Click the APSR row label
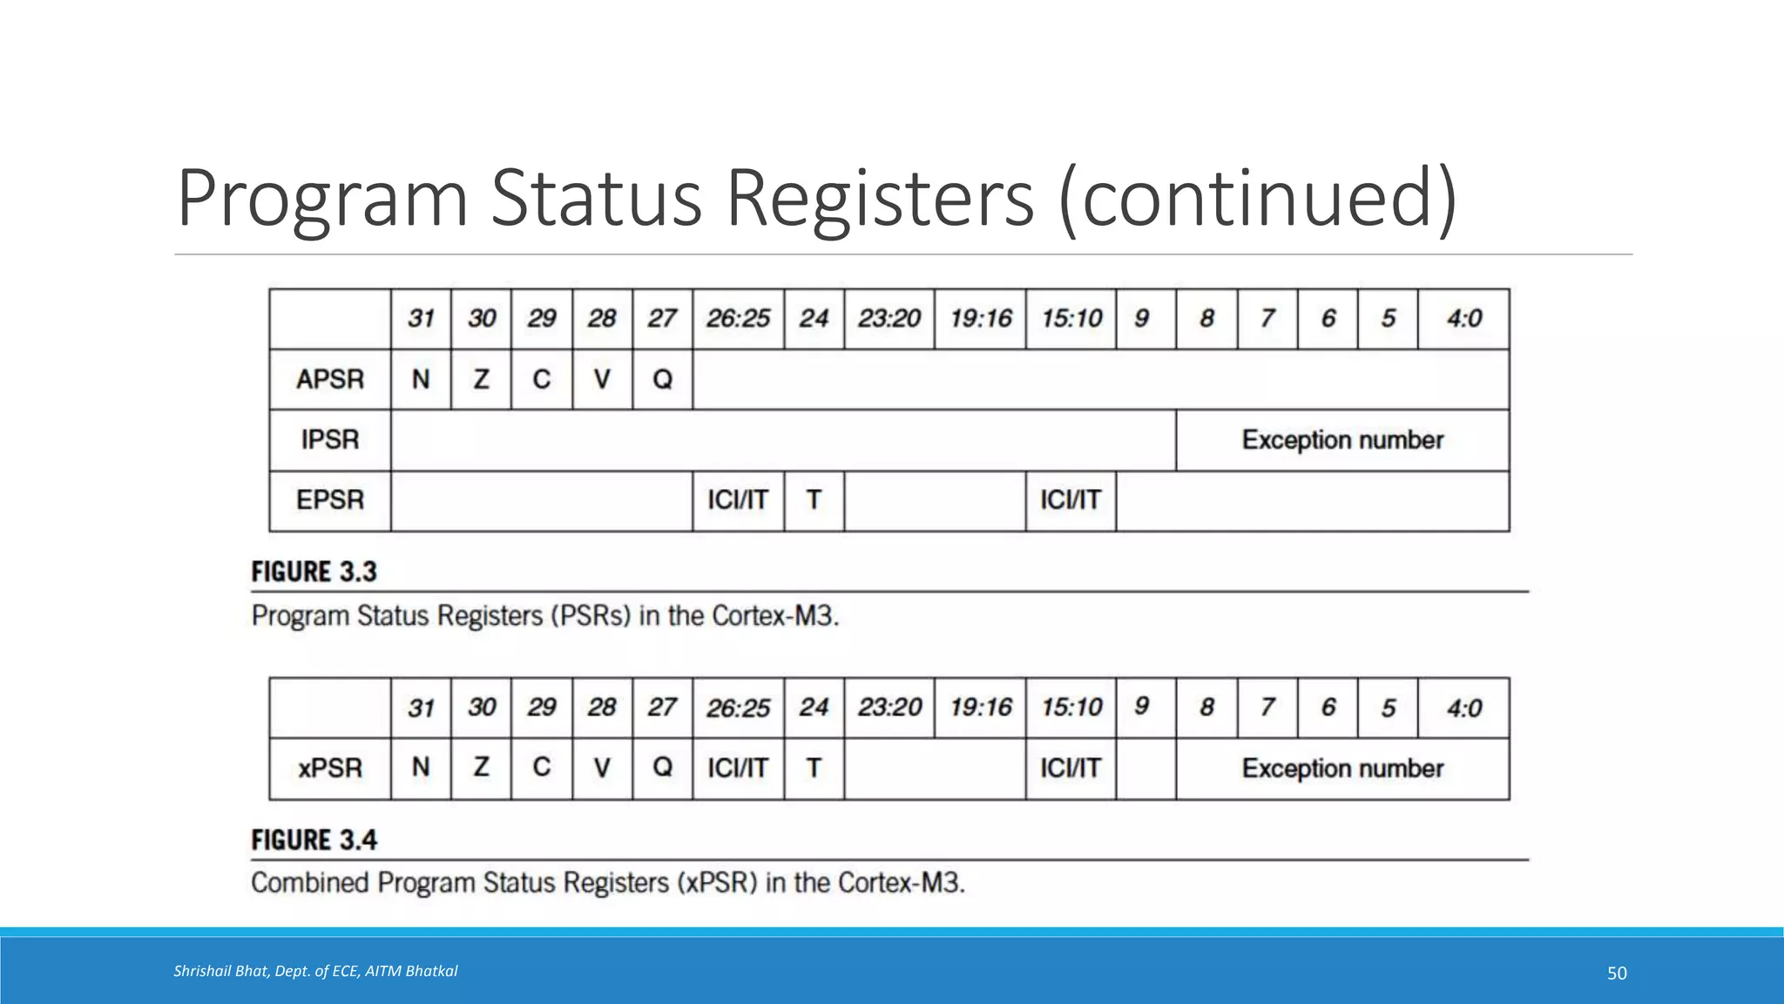330,379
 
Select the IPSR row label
330,439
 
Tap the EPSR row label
330,500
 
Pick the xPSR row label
330,768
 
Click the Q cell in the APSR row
662,379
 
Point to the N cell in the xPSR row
421,768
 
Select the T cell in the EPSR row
814,500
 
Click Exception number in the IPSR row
1342,440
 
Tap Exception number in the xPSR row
1342,769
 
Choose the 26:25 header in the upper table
738,319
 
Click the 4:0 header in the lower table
1463,708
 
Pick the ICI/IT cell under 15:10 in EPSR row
1071,500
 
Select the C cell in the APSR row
541,379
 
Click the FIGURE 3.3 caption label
314,572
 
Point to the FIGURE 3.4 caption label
314,840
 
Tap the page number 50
1617,973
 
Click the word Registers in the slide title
880,199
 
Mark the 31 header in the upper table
421,319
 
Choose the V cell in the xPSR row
602,768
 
